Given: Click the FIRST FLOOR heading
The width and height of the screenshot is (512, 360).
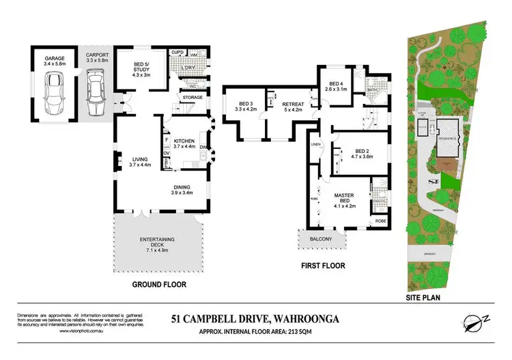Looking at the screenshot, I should coord(323,266).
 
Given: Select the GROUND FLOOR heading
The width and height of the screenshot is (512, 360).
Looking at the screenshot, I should coord(159,284).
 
